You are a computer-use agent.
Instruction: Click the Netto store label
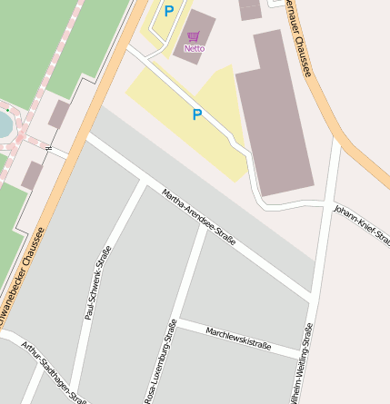coord(194,48)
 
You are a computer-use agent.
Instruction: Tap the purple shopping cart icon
coord(193,38)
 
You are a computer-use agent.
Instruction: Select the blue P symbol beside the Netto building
coord(168,12)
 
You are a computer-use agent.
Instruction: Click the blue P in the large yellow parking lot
coord(196,115)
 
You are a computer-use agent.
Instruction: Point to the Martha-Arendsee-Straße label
coord(199,218)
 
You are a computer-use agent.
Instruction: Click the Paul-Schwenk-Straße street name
coord(97,282)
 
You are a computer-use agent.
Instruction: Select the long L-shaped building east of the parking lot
coord(275,113)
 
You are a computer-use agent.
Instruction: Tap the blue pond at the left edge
coord(4,123)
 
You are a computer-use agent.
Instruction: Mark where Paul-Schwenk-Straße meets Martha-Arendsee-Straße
coord(145,184)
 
